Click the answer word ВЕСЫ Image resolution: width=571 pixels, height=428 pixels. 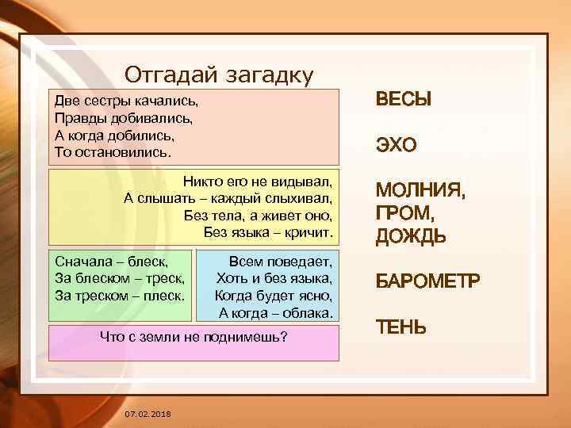(x=403, y=101)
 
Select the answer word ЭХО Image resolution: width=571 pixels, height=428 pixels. (x=396, y=146)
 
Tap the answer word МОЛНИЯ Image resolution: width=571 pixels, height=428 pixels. (x=420, y=192)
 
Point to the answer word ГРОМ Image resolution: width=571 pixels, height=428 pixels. (x=404, y=214)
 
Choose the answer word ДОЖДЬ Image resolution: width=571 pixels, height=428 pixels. (x=410, y=236)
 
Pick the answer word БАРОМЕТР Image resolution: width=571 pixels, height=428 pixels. (x=427, y=281)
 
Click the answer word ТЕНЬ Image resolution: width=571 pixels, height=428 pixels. (x=400, y=327)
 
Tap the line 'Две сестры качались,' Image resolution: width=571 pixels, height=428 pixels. (x=125, y=102)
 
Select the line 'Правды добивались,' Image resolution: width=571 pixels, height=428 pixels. (x=124, y=117)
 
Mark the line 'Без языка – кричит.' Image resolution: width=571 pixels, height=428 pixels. (x=268, y=231)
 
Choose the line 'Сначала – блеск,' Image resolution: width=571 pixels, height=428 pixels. (x=111, y=261)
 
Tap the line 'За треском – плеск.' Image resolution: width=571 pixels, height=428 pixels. (x=120, y=295)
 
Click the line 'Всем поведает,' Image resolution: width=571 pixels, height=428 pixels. (x=281, y=261)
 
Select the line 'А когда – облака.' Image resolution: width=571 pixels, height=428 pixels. (x=275, y=312)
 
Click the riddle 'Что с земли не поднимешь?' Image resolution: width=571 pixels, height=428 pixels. (x=193, y=338)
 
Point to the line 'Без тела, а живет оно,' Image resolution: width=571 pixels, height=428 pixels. (x=258, y=215)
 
